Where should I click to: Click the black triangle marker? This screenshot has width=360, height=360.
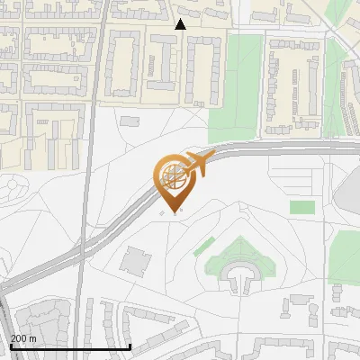(x=181, y=24)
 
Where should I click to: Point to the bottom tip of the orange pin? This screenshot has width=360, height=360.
(x=174, y=213)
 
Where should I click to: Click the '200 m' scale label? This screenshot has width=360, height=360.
(x=23, y=337)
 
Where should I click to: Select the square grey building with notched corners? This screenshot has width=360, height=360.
(x=137, y=260)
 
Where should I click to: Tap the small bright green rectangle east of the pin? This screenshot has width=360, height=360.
(x=302, y=207)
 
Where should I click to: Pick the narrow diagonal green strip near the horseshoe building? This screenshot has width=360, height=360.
(x=204, y=246)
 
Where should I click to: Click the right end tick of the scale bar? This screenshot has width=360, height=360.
(x=131, y=346)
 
